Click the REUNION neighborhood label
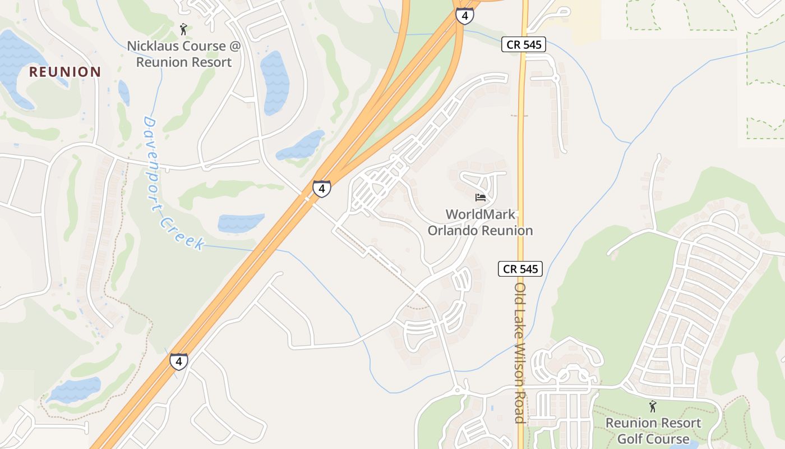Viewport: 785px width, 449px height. coord(65,72)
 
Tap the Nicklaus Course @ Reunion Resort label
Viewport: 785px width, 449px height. coord(183,54)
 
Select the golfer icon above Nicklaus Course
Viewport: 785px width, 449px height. coord(183,29)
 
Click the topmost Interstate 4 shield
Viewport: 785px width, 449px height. coord(464,15)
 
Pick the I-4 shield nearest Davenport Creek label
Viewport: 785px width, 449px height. coord(321,189)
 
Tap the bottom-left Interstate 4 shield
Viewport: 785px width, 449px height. coord(178,361)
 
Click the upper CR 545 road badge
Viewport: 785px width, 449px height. coord(523,45)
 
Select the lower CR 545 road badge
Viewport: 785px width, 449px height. coord(520,269)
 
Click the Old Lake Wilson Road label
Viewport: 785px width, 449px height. coord(520,352)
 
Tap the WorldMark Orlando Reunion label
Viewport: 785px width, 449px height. coord(480,222)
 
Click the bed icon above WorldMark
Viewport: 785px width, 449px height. coord(481,198)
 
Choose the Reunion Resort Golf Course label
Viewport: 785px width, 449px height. coord(653,430)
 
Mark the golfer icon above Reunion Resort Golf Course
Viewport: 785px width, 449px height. coord(653,406)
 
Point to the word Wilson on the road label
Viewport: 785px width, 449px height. coord(520,365)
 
